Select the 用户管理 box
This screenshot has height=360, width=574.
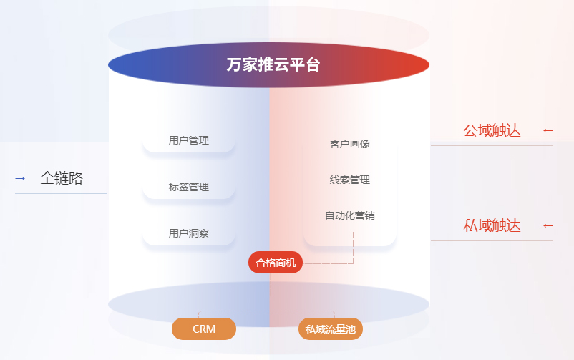pos(189,140)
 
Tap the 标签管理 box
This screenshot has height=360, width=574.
pos(189,187)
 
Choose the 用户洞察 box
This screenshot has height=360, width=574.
pos(189,233)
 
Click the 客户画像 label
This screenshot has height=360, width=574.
pos(350,144)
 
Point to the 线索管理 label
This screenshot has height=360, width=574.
pos(350,180)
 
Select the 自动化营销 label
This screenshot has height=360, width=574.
pos(350,215)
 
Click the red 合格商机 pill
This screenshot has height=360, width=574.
pos(276,263)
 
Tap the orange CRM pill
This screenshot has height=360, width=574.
pos(204,329)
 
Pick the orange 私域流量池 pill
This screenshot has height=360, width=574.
pos(331,329)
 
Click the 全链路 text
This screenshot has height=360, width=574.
pos(62,178)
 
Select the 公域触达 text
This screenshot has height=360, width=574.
pos(492,130)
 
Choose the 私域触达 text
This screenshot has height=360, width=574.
pos(492,225)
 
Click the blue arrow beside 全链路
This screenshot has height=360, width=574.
pos(20,178)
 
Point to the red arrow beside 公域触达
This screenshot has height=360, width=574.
pos(548,130)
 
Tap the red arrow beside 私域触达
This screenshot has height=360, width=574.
pos(548,225)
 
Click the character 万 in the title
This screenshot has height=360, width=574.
pos(233,65)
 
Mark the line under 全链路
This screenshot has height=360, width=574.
pos(62,193)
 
